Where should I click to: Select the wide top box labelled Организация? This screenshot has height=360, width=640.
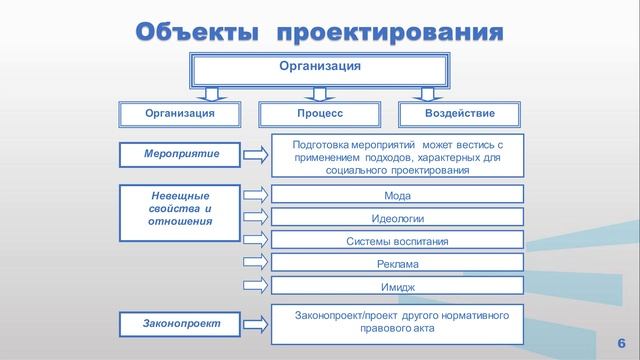(319, 68)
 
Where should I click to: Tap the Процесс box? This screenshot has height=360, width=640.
(319, 114)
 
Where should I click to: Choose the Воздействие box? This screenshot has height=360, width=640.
(459, 114)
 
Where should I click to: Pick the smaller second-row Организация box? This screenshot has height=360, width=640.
(179, 114)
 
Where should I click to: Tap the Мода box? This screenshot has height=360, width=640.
(397, 195)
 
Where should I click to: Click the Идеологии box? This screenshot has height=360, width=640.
(397, 218)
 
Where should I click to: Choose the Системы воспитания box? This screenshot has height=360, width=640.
(397, 241)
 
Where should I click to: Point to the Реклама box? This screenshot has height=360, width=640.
(397, 264)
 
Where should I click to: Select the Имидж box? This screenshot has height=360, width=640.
(397, 287)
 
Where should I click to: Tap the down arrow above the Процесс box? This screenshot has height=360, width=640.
(319, 94)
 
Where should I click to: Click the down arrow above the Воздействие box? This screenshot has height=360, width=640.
(430, 94)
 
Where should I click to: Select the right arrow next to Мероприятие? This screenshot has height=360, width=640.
(255, 154)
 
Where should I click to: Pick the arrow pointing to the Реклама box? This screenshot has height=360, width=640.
(255, 264)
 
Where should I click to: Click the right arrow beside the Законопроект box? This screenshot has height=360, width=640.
(255, 323)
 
